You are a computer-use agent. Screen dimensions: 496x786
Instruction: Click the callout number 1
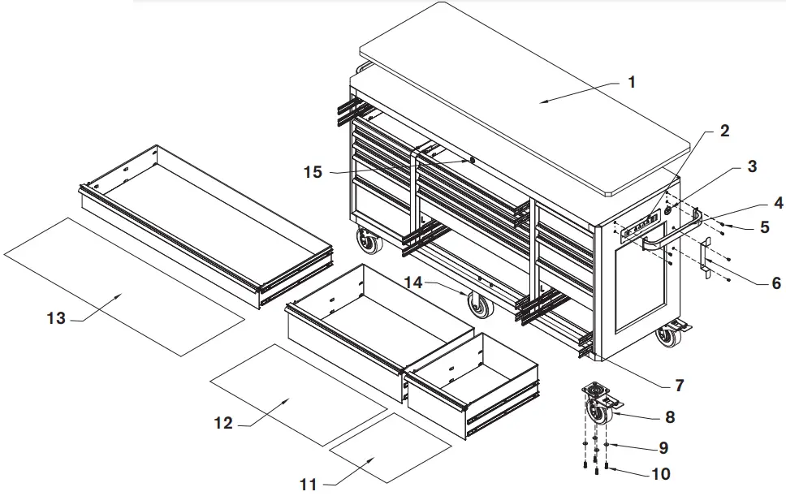pos(632,82)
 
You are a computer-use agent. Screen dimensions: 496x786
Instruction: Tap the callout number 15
pos(313,172)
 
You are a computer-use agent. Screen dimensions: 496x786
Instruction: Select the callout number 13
pos(56,319)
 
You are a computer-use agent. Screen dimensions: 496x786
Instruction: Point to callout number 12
pos(223,423)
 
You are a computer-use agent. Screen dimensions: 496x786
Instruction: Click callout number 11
pos(307,485)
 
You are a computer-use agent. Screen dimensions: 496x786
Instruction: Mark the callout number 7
pos(679,385)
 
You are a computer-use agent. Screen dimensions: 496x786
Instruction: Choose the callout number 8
pos(669,418)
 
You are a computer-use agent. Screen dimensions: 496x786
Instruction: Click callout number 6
pos(775,283)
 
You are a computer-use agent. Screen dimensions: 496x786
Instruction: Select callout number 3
pos(752,167)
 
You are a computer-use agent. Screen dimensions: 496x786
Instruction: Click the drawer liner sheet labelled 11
pos(390,446)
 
